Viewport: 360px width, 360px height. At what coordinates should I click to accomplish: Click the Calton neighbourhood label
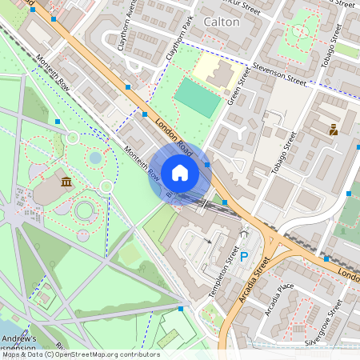click(x=221, y=22)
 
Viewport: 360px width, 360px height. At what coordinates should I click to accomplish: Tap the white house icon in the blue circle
click(x=180, y=173)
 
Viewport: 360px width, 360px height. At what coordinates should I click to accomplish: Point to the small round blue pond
click(x=95, y=158)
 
